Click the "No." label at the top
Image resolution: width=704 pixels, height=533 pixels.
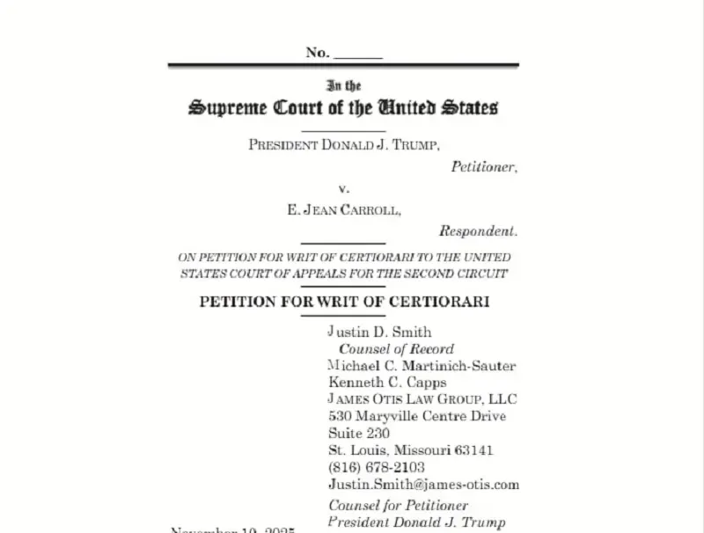318,53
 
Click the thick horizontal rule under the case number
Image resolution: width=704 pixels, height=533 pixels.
343,65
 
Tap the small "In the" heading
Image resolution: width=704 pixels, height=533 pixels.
343,86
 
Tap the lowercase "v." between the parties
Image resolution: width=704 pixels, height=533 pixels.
343,189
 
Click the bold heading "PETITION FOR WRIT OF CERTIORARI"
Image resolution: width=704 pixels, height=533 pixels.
344,302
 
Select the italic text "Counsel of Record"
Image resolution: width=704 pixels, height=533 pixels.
397,348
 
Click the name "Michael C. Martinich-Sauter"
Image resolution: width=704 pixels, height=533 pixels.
422,365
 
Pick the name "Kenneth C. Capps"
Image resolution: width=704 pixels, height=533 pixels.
387,382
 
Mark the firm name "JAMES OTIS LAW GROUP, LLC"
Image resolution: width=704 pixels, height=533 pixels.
421,399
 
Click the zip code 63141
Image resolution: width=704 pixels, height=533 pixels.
474,450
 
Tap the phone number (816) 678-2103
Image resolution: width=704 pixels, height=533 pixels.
376,467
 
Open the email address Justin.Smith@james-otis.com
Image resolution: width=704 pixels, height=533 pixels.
423,484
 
